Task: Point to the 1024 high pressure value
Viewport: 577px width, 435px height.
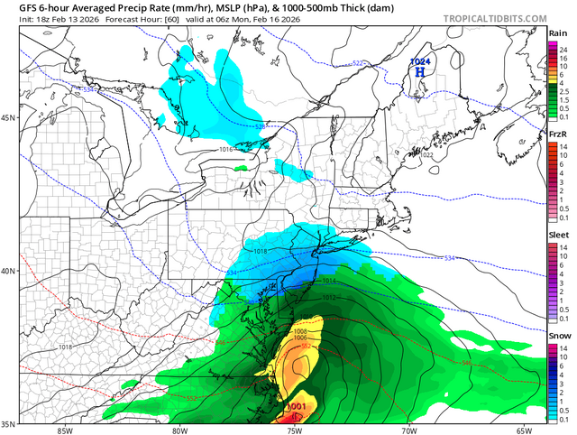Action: click(419, 61)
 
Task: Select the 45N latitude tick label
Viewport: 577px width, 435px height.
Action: click(10, 118)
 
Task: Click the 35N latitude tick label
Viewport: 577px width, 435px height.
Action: click(10, 423)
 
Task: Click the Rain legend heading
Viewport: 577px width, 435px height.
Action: click(558, 34)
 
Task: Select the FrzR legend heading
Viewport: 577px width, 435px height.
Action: click(559, 134)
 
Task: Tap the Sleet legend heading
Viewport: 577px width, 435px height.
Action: click(559, 234)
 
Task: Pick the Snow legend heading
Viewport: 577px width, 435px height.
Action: click(559, 335)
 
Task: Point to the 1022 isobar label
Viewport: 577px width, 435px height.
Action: click(426, 155)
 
